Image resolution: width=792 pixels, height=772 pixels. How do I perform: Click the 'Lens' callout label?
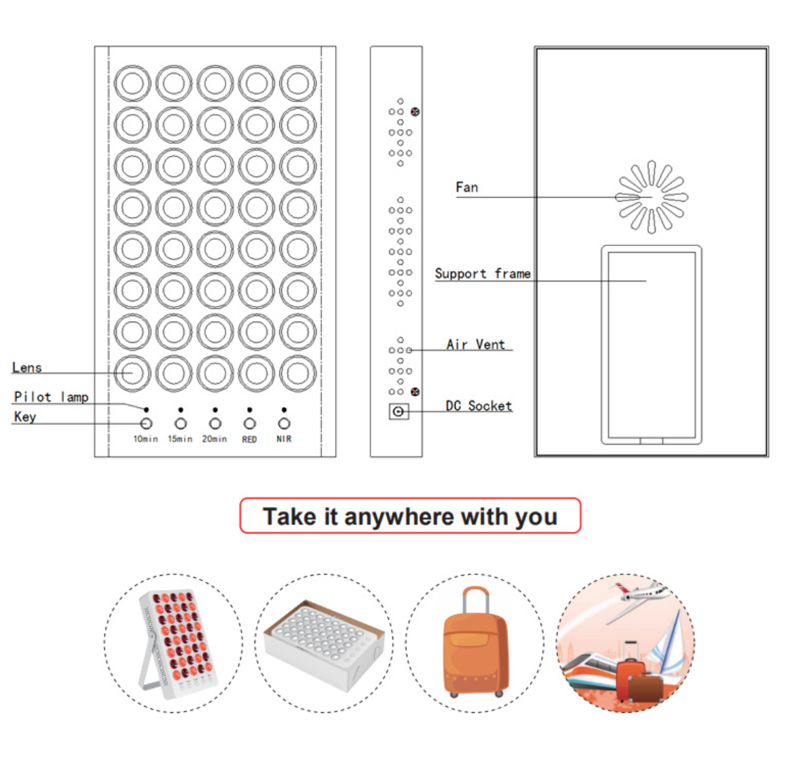pyautogui.click(x=27, y=367)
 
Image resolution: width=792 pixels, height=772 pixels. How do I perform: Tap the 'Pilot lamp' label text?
pyautogui.click(x=51, y=397)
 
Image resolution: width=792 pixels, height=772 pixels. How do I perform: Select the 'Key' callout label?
pyautogui.click(x=25, y=416)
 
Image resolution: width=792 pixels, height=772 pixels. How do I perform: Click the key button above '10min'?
pyautogui.click(x=146, y=424)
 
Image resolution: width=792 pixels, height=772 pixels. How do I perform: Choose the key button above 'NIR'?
pyautogui.click(x=284, y=424)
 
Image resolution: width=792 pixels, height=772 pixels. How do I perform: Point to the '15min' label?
pyautogui.click(x=180, y=439)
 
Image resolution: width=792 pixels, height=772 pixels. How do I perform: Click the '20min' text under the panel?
pyautogui.click(x=215, y=439)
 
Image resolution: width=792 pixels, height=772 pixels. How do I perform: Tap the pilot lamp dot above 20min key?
pyautogui.click(x=215, y=410)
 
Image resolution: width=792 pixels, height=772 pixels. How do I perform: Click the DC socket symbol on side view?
pyautogui.click(x=398, y=412)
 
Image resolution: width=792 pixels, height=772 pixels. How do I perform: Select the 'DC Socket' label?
pyautogui.click(x=479, y=405)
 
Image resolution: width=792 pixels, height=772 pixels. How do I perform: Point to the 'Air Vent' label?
pyautogui.click(x=476, y=344)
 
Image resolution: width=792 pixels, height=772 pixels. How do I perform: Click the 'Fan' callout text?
pyautogui.click(x=466, y=187)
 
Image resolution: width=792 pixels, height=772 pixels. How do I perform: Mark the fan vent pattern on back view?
pyautogui.click(x=652, y=197)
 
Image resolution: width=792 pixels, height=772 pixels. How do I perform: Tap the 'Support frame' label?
pyautogui.click(x=482, y=273)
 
